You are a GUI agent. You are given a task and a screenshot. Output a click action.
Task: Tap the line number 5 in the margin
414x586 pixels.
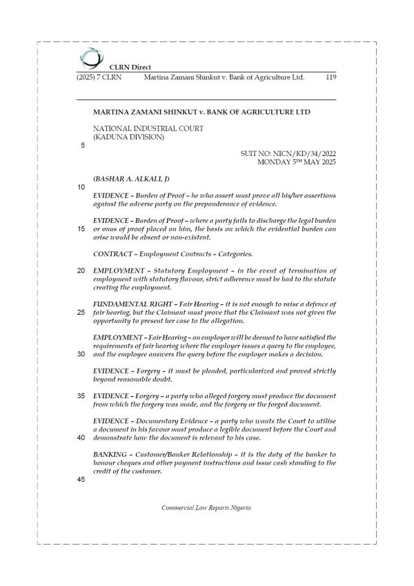[x=83, y=146]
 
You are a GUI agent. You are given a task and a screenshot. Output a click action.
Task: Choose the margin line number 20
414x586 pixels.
[x=81, y=270]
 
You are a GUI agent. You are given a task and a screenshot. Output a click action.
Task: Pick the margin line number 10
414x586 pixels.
[x=81, y=187]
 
